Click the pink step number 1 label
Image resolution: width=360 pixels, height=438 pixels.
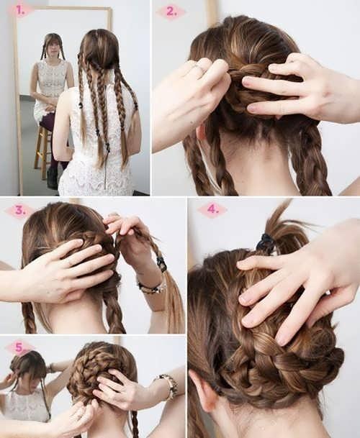20,10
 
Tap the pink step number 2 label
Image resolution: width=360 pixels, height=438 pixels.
171,12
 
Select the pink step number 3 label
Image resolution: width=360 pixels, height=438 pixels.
20,210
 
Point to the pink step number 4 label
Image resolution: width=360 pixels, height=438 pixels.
212,209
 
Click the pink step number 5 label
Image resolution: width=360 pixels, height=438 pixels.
20,348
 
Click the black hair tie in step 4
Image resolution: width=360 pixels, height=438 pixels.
265,242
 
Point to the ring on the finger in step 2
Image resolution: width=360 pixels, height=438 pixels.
199,68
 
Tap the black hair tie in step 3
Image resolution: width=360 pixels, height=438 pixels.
162,264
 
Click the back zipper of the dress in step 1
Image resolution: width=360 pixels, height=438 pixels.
106,165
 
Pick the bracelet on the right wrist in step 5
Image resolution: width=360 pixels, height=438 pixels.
167,385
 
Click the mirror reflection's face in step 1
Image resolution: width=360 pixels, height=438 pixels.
53,48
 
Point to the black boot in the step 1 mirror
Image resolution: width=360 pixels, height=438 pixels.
53,178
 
